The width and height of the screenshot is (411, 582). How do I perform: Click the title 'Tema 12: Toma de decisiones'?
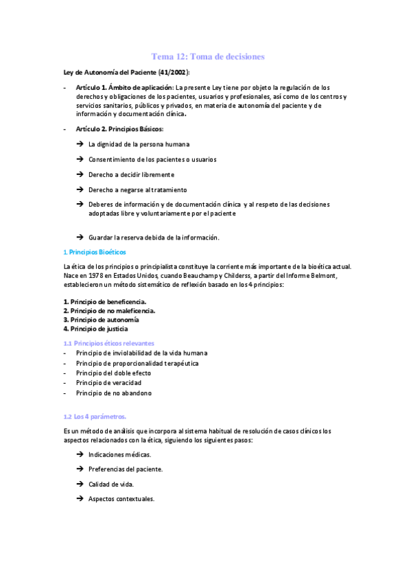click(207, 56)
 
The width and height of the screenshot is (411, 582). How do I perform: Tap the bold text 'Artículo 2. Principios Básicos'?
click(120, 129)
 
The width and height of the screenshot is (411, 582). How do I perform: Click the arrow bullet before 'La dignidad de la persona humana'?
click(80, 144)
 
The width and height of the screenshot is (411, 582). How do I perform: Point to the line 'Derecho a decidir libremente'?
click(131, 174)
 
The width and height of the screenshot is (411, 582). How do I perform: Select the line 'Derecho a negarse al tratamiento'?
click(137, 189)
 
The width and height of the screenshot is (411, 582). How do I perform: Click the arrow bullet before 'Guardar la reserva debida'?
click(80, 237)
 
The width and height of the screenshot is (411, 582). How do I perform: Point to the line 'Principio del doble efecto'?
click(114, 373)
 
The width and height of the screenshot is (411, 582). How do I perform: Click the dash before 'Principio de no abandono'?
click(64, 393)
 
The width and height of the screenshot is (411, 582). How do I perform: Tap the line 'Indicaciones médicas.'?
click(120, 454)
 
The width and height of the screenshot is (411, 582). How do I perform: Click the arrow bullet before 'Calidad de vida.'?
click(80, 485)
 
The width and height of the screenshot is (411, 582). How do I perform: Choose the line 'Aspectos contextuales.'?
click(121, 498)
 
